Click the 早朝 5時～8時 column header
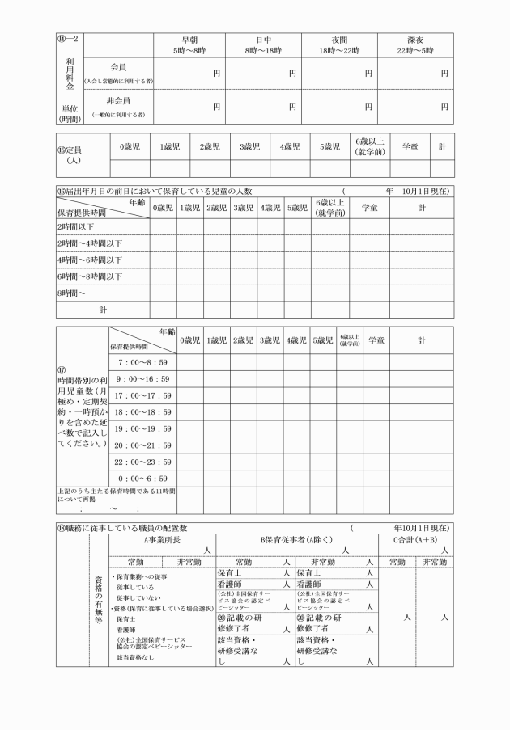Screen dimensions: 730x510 189,44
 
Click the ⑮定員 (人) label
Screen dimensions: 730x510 73,154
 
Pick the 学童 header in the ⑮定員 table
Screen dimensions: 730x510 410,147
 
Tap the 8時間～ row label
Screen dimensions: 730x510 71,292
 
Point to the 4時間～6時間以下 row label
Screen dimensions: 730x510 90,260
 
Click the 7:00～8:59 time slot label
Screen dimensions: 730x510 142,362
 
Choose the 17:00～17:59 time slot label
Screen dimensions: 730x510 144,395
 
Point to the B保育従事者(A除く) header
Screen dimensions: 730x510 299,538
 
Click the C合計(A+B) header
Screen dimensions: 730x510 415,538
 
